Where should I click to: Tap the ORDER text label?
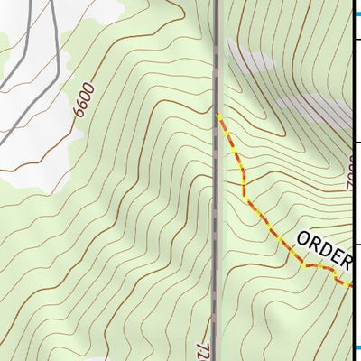point(322,250)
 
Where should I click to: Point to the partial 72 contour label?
point(203,349)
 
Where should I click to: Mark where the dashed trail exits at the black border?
point(349,284)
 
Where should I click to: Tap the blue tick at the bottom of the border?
point(356,348)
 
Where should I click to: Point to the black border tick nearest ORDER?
point(356,244)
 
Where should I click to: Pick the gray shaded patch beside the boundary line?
point(248,63)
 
